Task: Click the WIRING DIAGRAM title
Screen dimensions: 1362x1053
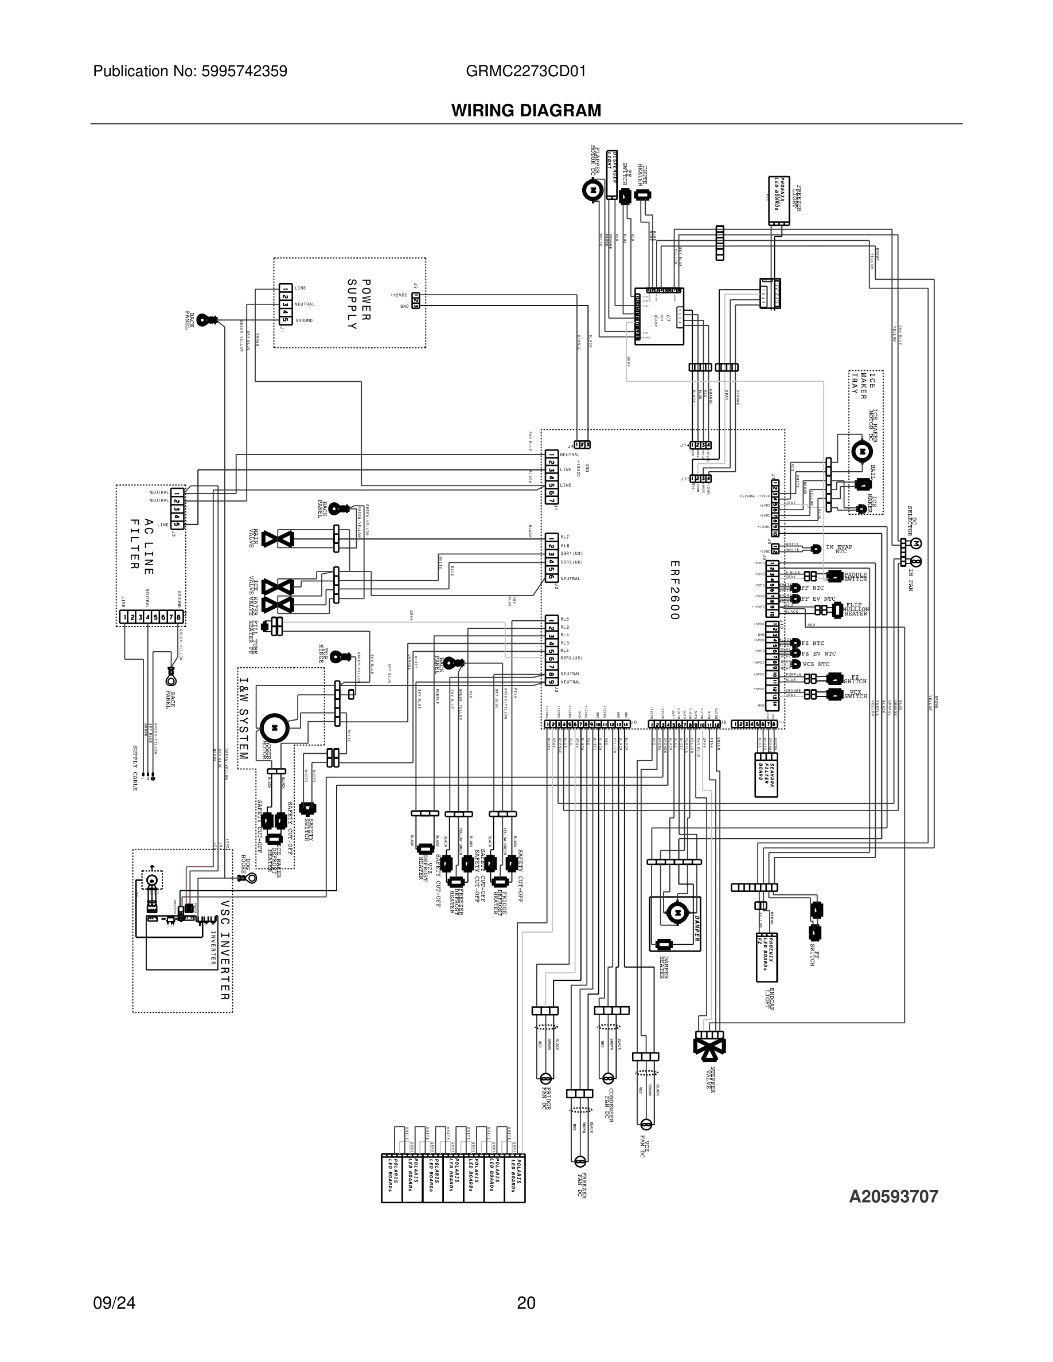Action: [x=526, y=111]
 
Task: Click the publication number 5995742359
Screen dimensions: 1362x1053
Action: [x=244, y=71]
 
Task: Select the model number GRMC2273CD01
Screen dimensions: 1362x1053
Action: [x=525, y=71]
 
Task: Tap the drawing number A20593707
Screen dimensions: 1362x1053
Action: [x=894, y=1196]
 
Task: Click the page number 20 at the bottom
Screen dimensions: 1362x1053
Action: [x=526, y=1303]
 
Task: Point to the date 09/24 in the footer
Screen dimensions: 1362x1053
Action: [x=114, y=1303]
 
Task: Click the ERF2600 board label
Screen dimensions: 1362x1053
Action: [x=674, y=590]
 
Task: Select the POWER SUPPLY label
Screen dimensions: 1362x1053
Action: [x=360, y=304]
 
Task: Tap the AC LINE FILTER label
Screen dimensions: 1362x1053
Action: [x=142, y=543]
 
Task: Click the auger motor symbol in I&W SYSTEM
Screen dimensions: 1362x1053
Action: [x=275, y=727]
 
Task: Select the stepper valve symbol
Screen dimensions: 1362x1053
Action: [x=709, y=1045]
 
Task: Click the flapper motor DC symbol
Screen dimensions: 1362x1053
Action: [x=592, y=189]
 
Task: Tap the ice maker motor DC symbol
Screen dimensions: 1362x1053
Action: [x=861, y=449]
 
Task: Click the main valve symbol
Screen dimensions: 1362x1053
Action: [x=278, y=539]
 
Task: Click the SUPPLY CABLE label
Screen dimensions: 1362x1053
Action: [x=134, y=768]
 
